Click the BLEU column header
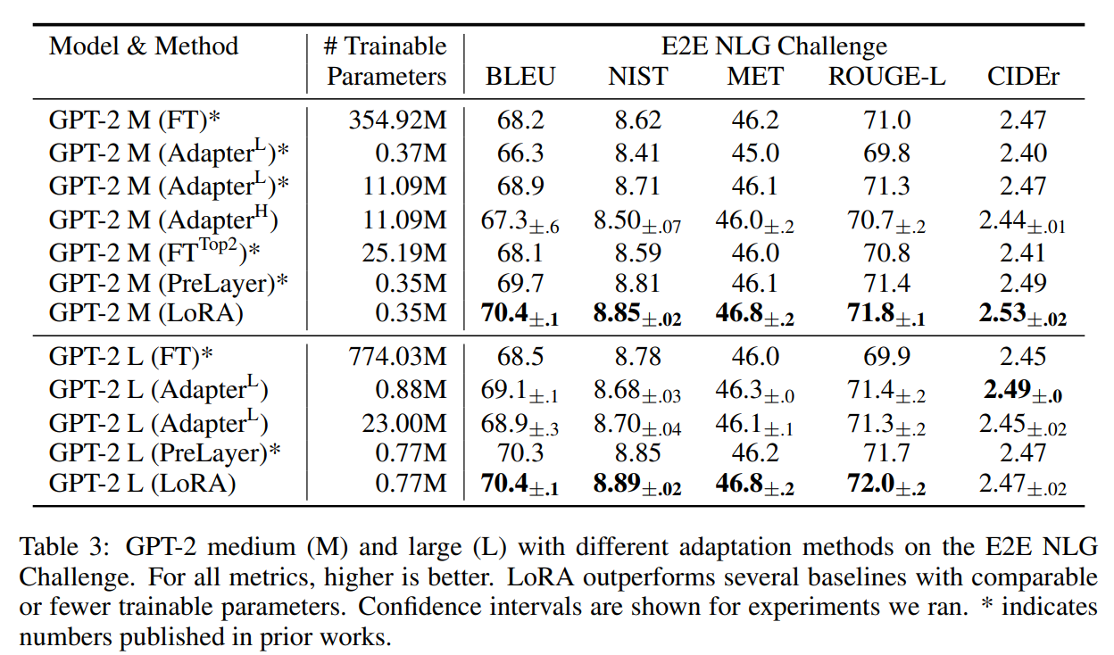pos(520,77)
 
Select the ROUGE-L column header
pos(886,77)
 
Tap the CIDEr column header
pos(1023,77)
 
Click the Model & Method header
pos(144,46)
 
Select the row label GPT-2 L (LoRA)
pos(141,484)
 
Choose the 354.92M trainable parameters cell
pos(397,120)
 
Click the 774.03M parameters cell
pos(397,357)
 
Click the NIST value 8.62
pos(637,120)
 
